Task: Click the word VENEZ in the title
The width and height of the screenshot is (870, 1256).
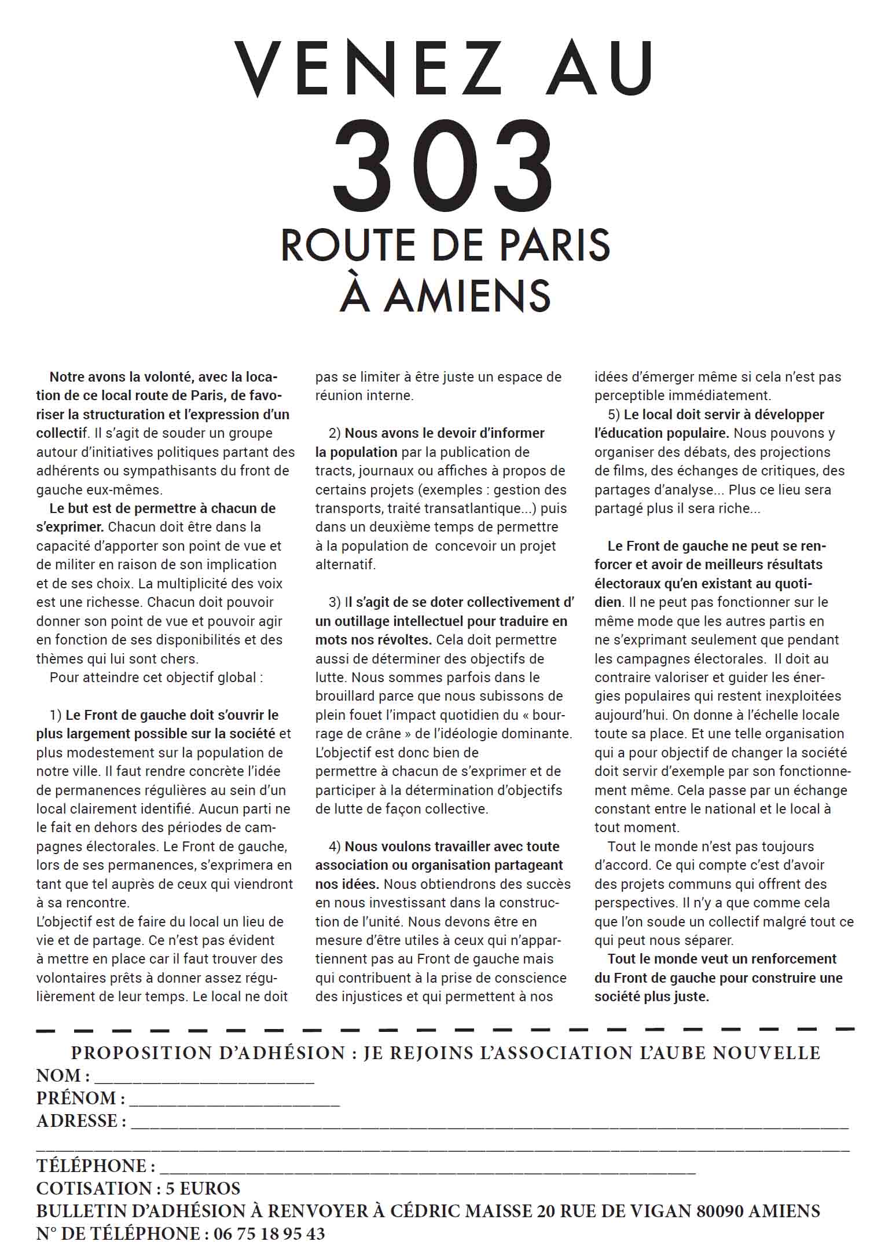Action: pos(368,68)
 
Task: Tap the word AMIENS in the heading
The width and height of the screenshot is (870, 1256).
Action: pos(468,295)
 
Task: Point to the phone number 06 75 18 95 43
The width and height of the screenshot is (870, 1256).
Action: pos(269,1234)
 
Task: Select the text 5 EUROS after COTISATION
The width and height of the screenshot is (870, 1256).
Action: pos(203,1189)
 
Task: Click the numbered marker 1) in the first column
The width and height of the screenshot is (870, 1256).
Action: pos(56,715)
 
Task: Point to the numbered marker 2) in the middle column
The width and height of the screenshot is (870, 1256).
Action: pos(335,433)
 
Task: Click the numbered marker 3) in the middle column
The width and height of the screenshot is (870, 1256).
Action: pos(335,602)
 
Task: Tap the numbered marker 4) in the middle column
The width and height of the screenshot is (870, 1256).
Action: pos(335,847)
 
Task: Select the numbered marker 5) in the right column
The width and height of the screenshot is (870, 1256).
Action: pos(614,415)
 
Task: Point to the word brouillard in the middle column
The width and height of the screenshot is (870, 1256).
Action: pos(345,696)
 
